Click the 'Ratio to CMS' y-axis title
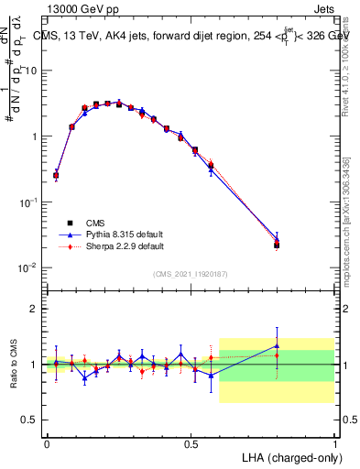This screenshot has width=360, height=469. tap(15, 364)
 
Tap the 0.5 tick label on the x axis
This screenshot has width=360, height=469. tap(191, 442)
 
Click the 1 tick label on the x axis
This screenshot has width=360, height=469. tap(334, 442)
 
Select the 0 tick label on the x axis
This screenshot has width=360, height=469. tap(47, 442)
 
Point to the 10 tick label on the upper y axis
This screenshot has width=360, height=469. tap(32, 71)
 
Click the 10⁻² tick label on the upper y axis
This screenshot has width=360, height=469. tap(29, 267)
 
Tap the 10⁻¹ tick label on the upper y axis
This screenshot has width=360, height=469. tap(29, 202)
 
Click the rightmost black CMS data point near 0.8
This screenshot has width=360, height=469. tap(277, 245)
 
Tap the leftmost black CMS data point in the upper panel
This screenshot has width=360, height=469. tap(56, 175)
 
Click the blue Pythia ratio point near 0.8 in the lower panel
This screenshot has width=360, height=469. tap(277, 346)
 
